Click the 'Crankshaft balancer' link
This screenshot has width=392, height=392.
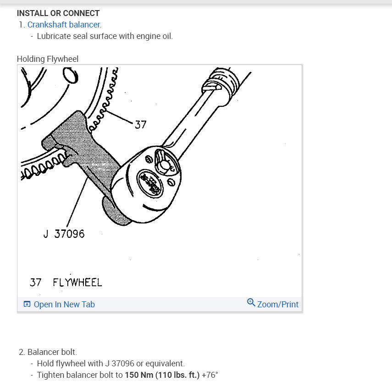63,25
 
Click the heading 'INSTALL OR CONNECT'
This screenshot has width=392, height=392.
58,13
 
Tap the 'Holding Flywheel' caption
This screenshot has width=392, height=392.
48,59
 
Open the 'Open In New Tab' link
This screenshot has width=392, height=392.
64,305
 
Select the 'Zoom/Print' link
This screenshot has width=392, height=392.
277,305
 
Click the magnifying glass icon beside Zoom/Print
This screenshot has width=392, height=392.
251,303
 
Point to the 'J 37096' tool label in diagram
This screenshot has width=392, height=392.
64,234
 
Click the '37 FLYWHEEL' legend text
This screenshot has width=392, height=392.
66,282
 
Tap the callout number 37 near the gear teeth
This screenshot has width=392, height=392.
140,124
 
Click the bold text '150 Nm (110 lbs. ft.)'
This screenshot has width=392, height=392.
162,375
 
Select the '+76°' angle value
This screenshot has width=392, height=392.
210,375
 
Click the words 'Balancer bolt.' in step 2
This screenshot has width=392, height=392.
52,352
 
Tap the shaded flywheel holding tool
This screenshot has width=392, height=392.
83,147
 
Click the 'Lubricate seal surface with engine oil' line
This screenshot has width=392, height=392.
105,36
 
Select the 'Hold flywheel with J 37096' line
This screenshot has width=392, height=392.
110,364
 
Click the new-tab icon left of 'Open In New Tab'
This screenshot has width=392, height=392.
27,305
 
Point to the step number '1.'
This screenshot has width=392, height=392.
22,25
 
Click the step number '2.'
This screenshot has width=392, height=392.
22,352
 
